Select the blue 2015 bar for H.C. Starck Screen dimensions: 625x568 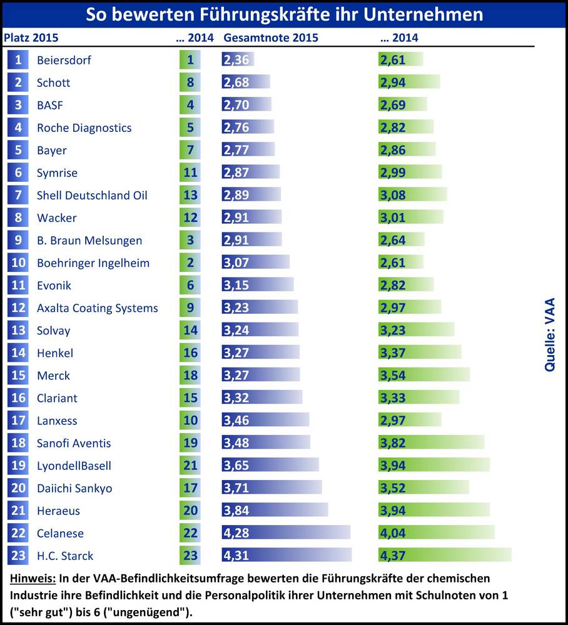click(287, 555)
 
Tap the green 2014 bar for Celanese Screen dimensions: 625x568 click(436, 532)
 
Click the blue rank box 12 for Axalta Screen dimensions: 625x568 click(19, 307)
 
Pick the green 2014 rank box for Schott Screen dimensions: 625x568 click(190, 82)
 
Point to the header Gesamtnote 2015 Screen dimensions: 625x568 click(271, 37)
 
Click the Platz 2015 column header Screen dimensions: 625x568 click(31, 37)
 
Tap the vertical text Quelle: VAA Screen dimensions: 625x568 click(550, 334)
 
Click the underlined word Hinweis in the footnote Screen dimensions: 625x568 click(31, 578)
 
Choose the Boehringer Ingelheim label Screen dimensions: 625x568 click(93, 262)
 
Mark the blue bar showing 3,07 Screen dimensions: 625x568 click(255, 262)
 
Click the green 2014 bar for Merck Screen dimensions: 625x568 click(423, 375)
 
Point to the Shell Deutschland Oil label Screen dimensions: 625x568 click(92, 195)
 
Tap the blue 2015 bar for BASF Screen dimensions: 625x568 click(246, 105)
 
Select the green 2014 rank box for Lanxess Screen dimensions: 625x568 click(190, 420)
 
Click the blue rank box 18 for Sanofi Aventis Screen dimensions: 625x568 click(19, 442)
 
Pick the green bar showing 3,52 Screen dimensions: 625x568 click(423, 487)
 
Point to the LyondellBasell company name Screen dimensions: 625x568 click(74, 466)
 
